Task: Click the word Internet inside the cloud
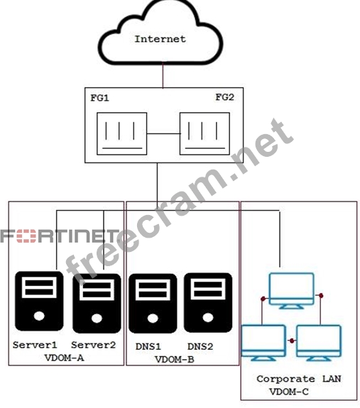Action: point(160,39)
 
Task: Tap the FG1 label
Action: point(99,98)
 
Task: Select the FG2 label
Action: point(225,97)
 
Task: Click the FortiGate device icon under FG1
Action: point(122,133)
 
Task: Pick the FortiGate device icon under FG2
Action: point(204,133)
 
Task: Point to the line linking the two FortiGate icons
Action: point(163,133)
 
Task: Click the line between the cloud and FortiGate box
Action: point(163,75)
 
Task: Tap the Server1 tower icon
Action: point(39,301)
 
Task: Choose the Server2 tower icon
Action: point(97,303)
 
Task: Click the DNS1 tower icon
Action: point(153,304)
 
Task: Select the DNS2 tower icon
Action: point(208,302)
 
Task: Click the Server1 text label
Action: point(35,345)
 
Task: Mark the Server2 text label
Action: point(94,345)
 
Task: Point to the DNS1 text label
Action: point(148,346)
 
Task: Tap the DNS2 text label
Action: point(200,346)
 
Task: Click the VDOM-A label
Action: point(65,358)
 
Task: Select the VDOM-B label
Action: point(175,359)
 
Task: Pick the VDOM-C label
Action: point(289,392)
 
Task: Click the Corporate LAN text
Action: point(299,379)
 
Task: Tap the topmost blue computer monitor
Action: point(291,291)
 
